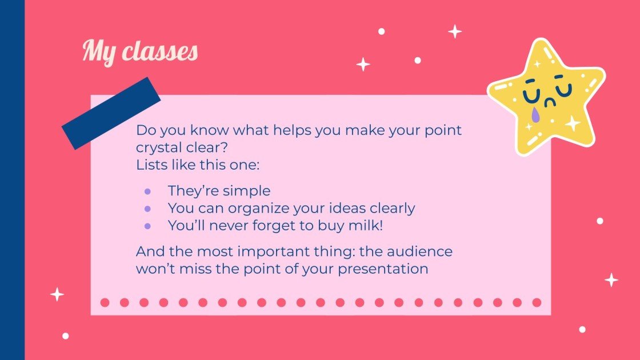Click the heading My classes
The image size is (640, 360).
(140, 51)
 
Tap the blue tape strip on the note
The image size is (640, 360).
(111, 113)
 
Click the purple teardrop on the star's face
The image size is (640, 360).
(535, 115)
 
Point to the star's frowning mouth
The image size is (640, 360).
(550, 103)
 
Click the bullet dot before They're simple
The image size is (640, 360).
(148, 191)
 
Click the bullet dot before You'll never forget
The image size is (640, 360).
(148, 226)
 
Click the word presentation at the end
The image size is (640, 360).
(383, 269)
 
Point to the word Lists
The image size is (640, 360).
(150, 165)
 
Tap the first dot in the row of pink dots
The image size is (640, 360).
(105, 302)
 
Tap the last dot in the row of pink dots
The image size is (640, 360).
(537, 302)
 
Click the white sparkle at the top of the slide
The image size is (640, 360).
(455, 31)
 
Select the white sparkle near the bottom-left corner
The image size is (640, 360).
(57, 294)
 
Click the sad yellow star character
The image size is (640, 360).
(546, 97)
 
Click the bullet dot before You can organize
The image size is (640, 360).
(148, 209)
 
